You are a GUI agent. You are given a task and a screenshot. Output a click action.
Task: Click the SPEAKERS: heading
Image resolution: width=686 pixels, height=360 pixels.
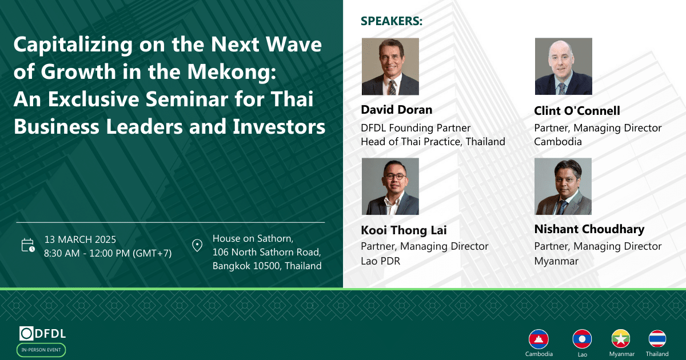click(x=392, y=21)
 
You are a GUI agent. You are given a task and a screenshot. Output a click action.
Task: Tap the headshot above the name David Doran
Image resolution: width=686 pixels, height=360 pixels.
click(x=390, y=66)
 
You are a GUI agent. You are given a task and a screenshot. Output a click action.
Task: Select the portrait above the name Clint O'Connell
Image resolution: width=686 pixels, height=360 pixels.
click(x=564, y=66)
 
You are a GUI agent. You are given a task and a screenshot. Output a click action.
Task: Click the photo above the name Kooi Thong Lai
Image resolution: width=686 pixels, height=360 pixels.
click(x=390, y=186)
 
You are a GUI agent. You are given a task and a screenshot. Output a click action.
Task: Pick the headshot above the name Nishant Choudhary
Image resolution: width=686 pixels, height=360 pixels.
click(x=563, y=186)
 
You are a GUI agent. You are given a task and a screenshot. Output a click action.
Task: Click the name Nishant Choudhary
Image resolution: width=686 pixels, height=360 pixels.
click(x=589, y=229)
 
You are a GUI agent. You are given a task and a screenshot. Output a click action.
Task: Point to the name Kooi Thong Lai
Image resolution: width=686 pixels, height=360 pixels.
click(x=404, y=230)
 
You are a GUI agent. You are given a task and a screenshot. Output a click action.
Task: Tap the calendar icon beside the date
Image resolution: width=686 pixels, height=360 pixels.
click(x=28, y=245)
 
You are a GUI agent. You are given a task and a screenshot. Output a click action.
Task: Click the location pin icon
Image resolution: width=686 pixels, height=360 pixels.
click(x=197, y=246)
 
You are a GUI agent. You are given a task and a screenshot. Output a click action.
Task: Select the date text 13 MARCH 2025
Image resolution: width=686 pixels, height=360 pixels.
click(x=80, y=239)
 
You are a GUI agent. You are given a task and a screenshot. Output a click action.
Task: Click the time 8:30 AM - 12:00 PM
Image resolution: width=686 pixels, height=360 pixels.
click(x=87, y=253)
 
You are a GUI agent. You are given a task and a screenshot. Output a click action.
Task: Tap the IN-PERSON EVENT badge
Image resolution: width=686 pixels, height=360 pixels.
click(x=41, y=350)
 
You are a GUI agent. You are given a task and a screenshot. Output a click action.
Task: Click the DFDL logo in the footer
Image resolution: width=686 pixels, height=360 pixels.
click(x=42, y=333)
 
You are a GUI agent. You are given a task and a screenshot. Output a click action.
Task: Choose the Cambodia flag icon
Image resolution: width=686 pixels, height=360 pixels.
click(x=539, y=339)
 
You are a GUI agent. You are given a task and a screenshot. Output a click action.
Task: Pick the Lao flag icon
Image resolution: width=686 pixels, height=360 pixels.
click(x=582, y=339)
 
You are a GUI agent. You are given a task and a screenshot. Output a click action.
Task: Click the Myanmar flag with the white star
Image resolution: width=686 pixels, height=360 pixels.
click(x=621, y=339)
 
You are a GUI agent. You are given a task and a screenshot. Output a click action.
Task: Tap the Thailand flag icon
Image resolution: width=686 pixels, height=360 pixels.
click(x=657, y=339)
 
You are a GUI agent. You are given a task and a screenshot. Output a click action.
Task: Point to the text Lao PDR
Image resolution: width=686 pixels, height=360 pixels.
click(x=380, y=261)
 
